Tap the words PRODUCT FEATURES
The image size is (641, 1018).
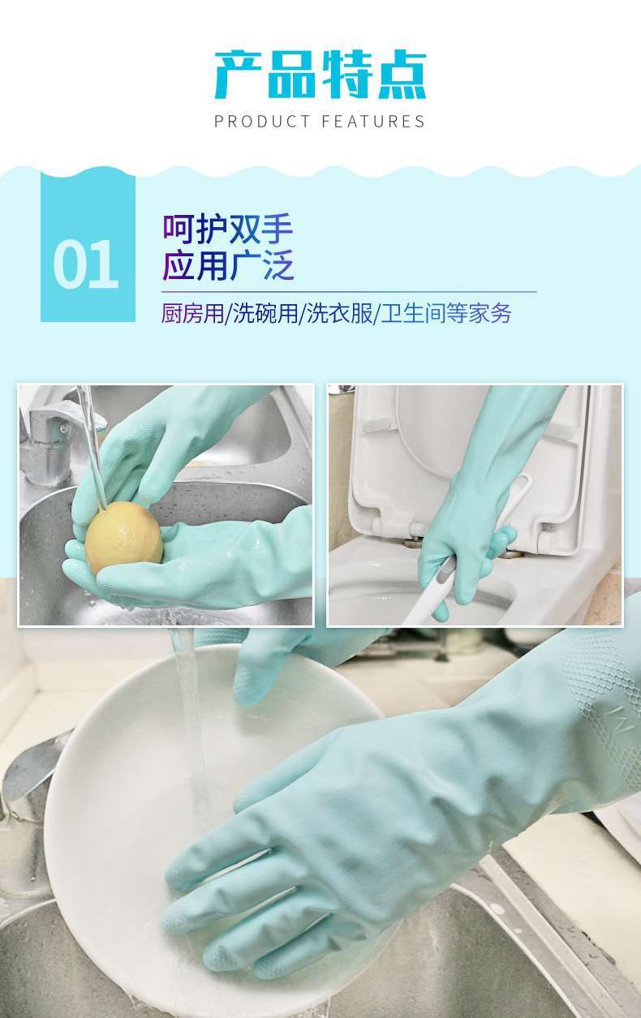point(320,122)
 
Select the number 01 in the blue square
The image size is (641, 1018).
point(86,264)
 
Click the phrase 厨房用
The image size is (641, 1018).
point(193,313)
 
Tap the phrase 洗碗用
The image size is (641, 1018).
point(265,313)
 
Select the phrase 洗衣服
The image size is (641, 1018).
point(340,313)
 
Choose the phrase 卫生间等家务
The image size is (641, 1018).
point(446,313)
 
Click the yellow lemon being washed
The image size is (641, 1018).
point(123,538)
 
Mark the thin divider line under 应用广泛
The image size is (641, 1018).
point(349,291)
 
